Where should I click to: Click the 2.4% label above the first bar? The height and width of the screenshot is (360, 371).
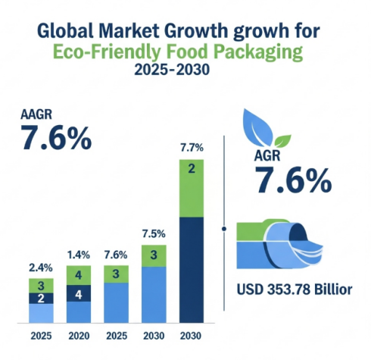pyautogui.click(x=42, y=268)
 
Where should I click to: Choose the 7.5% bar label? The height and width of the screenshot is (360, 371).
pyautogui.click(x=154, y=233)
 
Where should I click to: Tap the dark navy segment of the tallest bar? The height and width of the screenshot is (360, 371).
pyautogui.click(x=192, y=269)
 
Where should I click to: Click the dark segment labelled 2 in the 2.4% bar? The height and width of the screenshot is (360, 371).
pyautogui.click(x=42, y=299)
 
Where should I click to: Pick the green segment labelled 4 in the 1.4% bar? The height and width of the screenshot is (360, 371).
pyautogui.click(x=79, y=275)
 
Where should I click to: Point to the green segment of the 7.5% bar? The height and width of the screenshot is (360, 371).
pyautogui.click(x=154, y=255)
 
